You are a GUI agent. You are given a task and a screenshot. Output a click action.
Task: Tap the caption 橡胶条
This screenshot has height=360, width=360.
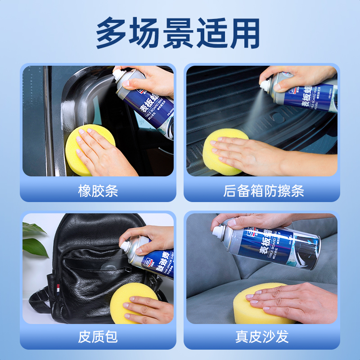(98, 191)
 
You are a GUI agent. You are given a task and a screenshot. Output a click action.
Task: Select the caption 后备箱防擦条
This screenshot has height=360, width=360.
(263, 191)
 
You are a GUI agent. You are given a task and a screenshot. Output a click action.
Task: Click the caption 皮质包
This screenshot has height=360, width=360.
(98, 336)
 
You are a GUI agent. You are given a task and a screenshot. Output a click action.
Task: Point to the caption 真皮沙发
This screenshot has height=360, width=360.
(262, 336)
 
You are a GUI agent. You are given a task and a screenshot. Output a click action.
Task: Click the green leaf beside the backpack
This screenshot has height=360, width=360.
(33, 238)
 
